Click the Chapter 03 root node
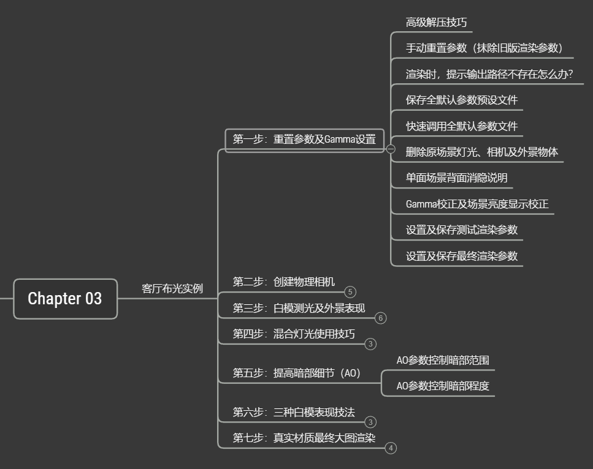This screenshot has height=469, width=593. pyautogui.click(x=65, y=299)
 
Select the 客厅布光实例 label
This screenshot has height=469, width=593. pyautogui.click(x=172, y=288)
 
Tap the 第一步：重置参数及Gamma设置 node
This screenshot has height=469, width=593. pyautogui.click(x=304, y=139)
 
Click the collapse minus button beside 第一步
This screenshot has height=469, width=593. pyautogui.click(x=391, y=149)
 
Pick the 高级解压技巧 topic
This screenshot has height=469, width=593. pyautogui.click(x=436, y=23)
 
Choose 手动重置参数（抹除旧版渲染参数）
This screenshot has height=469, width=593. pyautogui.click(x=484, y=48)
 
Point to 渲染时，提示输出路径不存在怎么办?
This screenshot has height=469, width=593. pyautogui.click(x=489, y=74)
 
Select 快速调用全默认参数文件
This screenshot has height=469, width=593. pyautogui.click(x=461, y=126)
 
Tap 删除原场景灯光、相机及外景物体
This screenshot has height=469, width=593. pyautogui.click(x=481, y=152)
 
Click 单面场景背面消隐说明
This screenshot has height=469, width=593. pyautogui.click(x=456, y=178)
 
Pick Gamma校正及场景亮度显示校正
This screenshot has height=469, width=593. pyautogui.click(x=476, y=204)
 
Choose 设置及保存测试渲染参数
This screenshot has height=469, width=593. pyautogui.click(x=461, y=230)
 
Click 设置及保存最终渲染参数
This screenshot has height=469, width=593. pyautogui.click(x=461, y=256)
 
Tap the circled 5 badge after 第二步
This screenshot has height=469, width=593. pyautogui.click(x=350, y=292)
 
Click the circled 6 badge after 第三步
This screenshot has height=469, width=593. pyautogui.click(x=381, y=318)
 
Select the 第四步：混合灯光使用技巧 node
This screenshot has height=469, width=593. pyautogui.click(x=293, y=334)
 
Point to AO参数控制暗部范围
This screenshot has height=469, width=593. pyautogui.click(x=442, y=360)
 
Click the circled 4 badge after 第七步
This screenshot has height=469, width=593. pyautogui.click(x=391, y=448)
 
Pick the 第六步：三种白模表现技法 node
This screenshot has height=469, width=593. pyautogui.click(x=293, y=412)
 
